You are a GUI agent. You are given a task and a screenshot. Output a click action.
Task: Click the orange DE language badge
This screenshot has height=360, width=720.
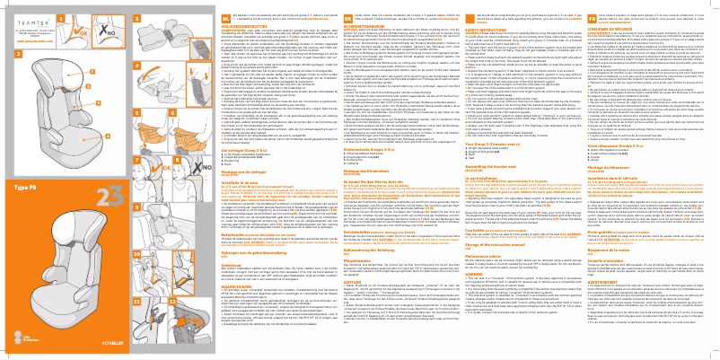coord(368,6)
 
